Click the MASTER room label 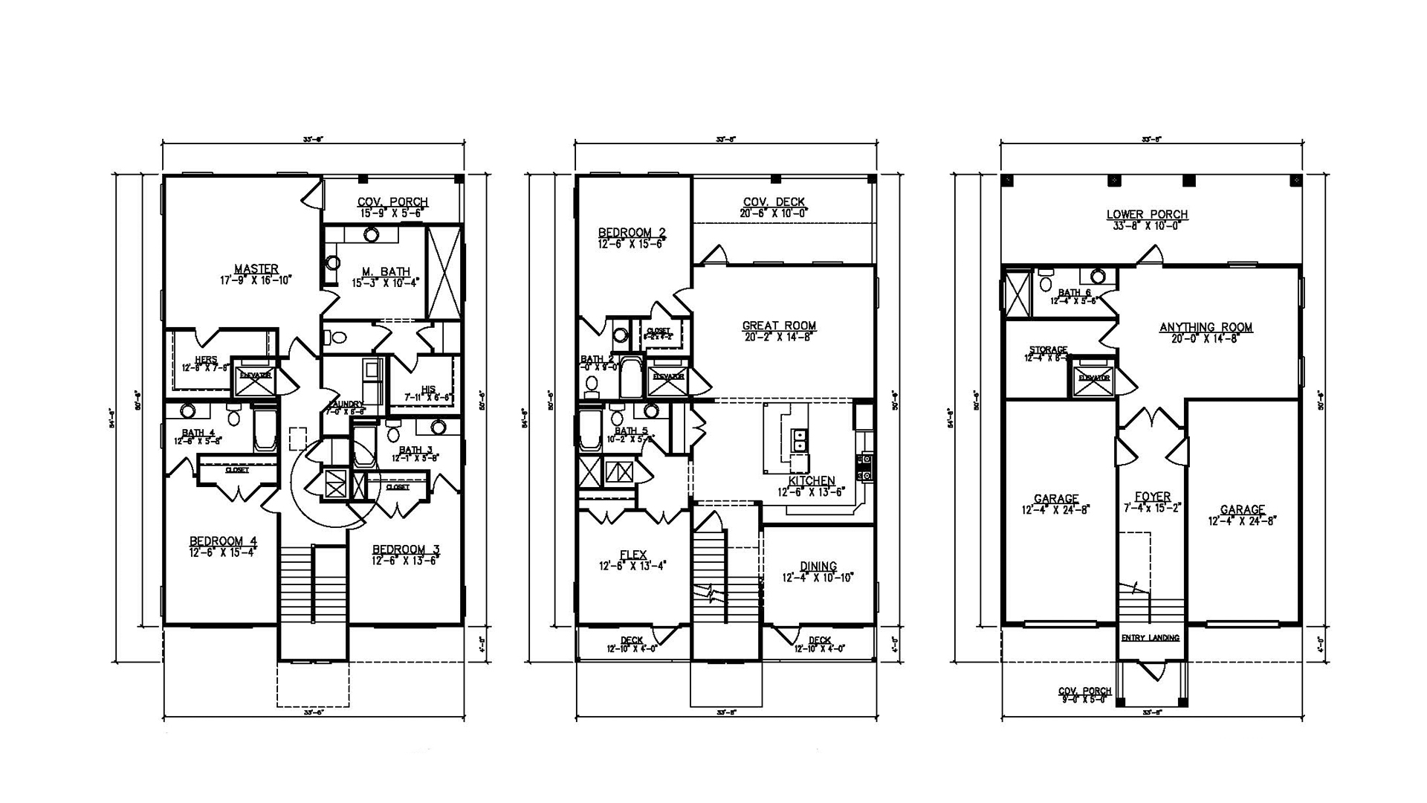(x=256, y=269)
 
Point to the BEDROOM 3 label (x=406, y=549)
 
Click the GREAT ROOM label (x=779, y=326)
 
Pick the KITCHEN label (x=812, y=481)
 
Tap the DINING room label (x=818, y=567)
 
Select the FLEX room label (x=633, y=555)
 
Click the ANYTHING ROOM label (x=1206, y=327)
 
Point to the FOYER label (x=1153, y=497)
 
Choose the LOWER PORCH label (x=1147, y=215)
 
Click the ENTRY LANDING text (x=1150, y=638)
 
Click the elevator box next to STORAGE (x=1093, y=378)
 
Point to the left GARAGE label (x=1055, y=499)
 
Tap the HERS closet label (x=206, y=360)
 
